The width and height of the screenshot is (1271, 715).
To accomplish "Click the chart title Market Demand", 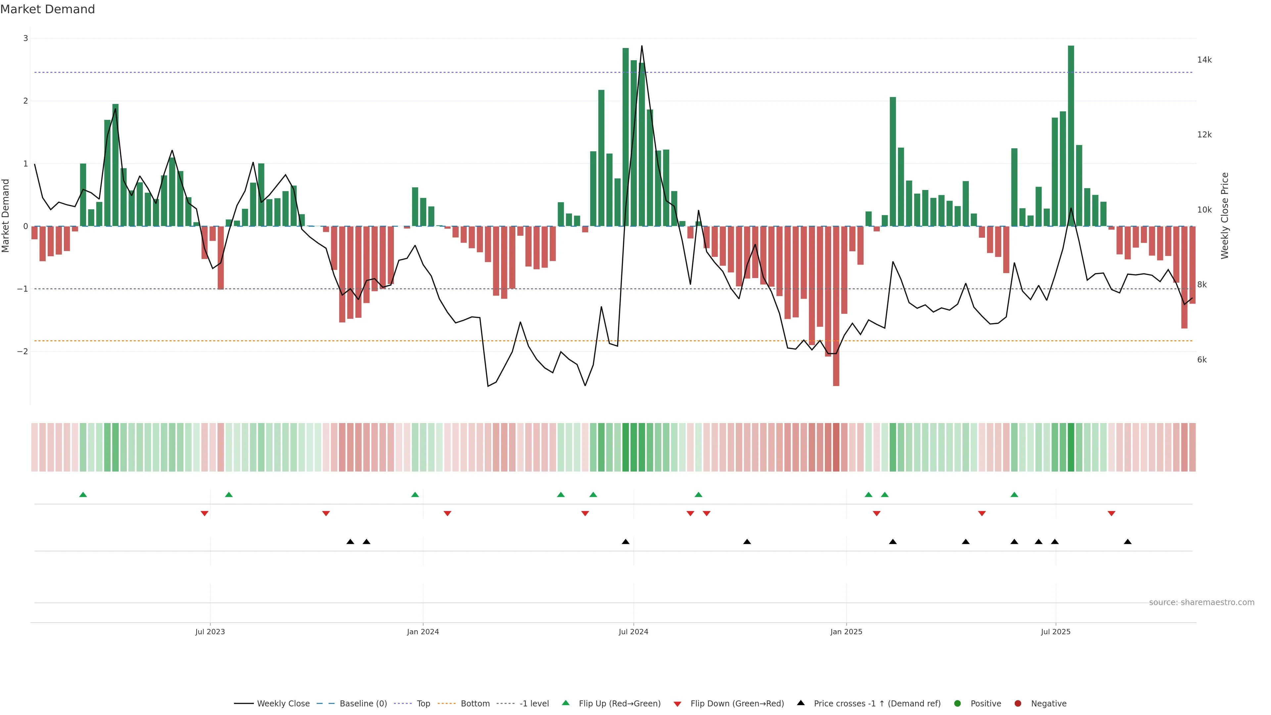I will coord(47,9).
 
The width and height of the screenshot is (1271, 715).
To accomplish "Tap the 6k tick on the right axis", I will coord(1201,360).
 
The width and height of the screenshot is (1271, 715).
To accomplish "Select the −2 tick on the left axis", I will coord(22,351).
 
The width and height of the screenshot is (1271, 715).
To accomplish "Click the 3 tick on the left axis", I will coord(26,38).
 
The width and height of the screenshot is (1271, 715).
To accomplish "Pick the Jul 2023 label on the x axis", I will coord(210,632).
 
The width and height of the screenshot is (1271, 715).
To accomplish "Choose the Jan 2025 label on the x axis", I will coord(846,632).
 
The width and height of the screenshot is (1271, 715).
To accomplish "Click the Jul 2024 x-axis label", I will coord(634,632).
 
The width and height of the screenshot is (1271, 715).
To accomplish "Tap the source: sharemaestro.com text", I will coord(1201,602).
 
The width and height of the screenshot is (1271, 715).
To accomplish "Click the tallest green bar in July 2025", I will coord(1071,136).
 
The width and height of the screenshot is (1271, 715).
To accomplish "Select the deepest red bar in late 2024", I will coord(836,306).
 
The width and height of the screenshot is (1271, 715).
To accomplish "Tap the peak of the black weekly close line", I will coord(641,46).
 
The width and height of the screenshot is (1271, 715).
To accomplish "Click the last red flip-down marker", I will coord(1111,514).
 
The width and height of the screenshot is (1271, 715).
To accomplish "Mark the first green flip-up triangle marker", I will coord(83,495).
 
